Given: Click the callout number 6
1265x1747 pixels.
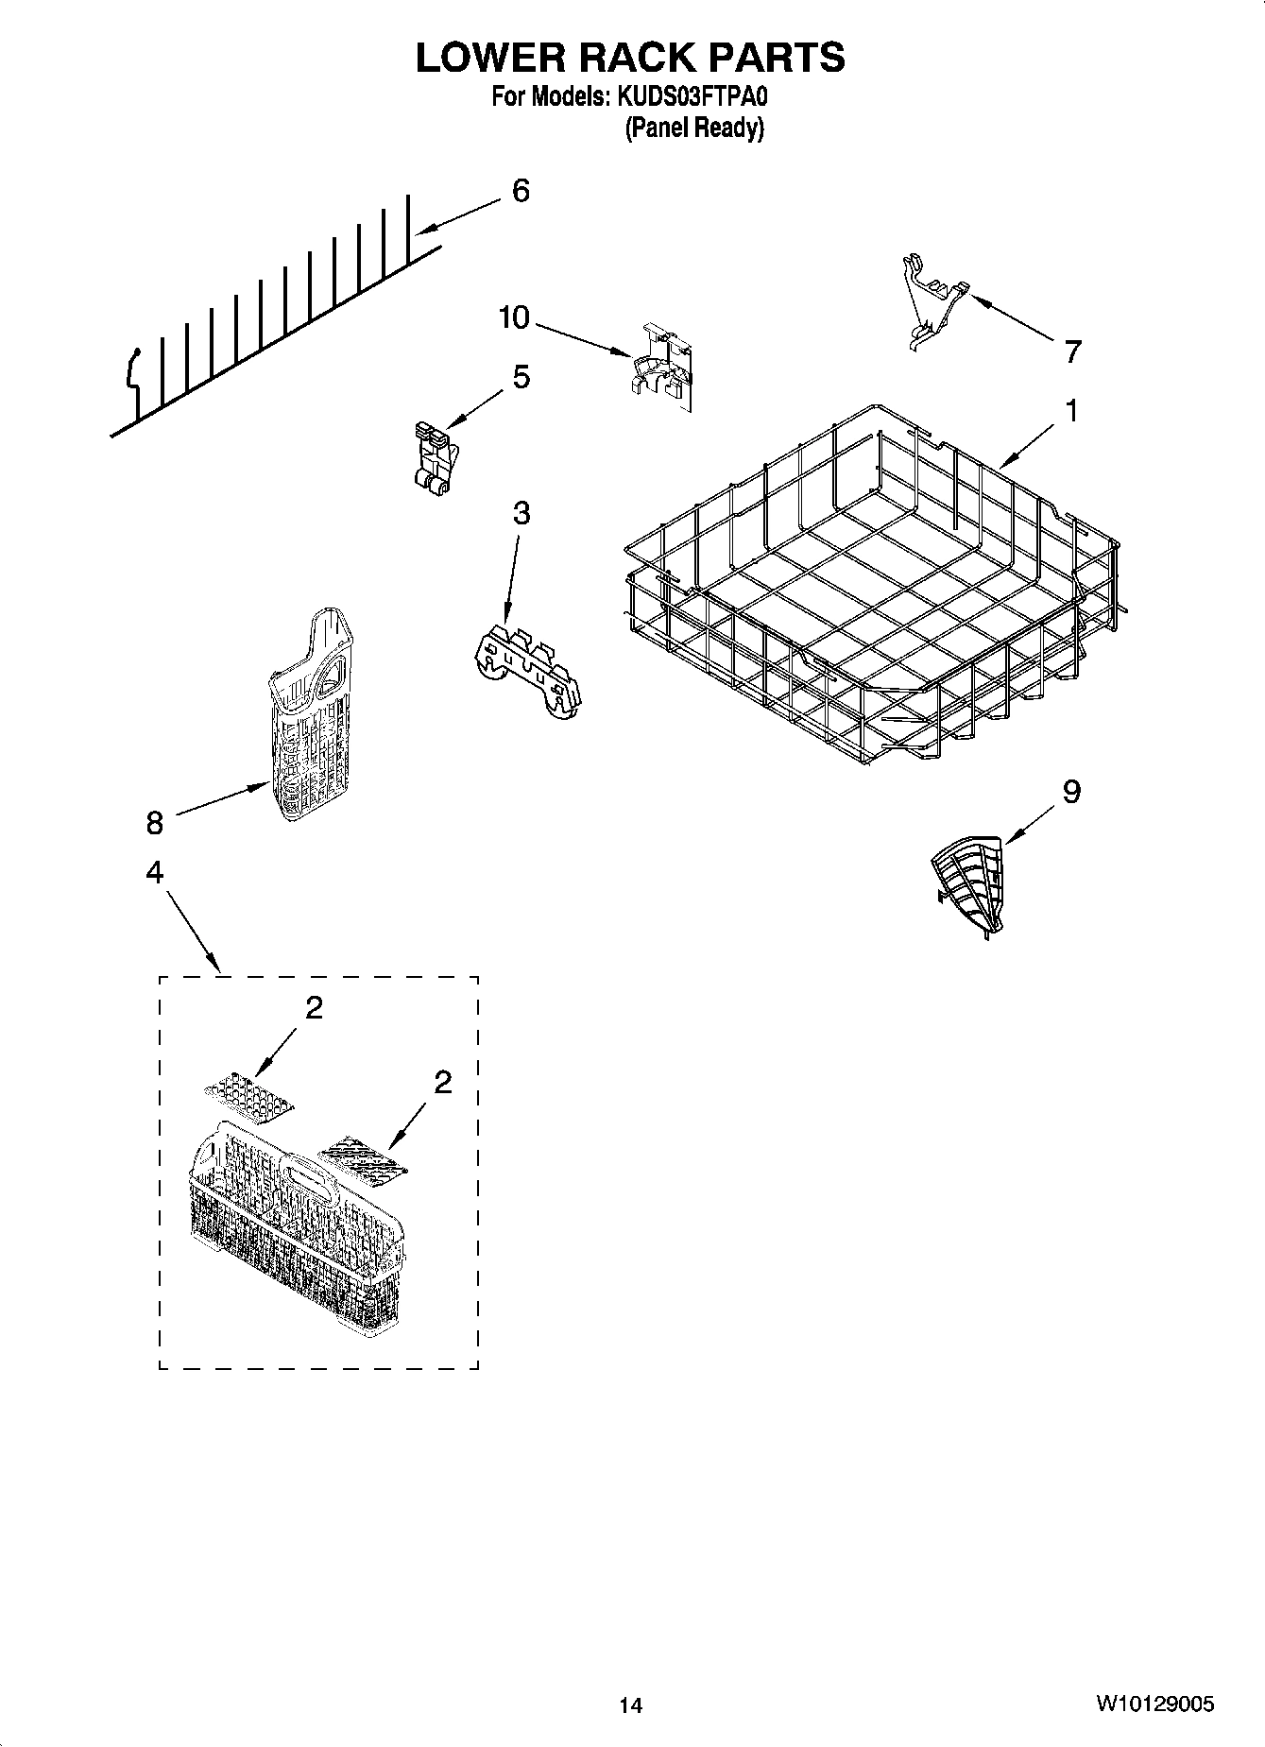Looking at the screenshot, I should [x=521, y=191].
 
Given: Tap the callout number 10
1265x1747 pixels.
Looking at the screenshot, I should [x=515, y=317].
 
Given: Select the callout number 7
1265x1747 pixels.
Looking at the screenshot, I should [x=1071, y=352].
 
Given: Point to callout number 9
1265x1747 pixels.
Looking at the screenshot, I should [x=1070, y=791].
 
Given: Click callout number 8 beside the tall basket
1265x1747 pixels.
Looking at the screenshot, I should [x=154, y=823].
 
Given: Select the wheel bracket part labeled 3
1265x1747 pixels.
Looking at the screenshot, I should [x=527, y=667].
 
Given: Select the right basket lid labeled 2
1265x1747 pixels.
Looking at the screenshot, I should [x=364, y=1160].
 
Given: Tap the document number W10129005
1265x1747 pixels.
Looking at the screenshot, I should [x=1155, y=1704].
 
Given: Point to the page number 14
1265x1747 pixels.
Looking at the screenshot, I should [x=630, y=1705].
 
